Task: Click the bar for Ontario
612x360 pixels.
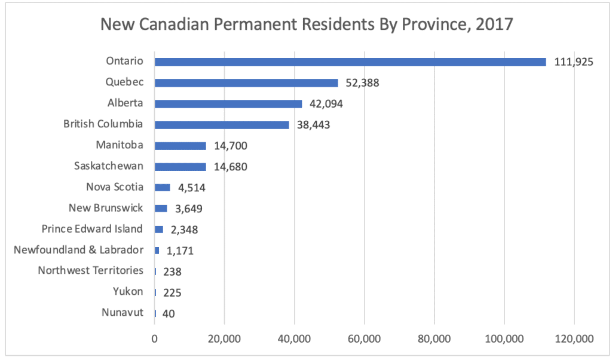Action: pyautogui.click(x=350, y=62)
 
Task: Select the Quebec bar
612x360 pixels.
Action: pyautogui.click(x=246, y=83)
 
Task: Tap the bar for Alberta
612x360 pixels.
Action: pyautogui.click(x=228, y=103)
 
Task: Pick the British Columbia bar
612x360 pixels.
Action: pyautogui.click(x=222, y=124)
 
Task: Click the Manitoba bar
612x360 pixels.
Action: pyautogui.click(x=180, y=145)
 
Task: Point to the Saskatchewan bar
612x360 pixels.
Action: pyautogui.click(x=180, y=166)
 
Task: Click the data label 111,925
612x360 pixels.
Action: pyautogui.click(x=573, y=62)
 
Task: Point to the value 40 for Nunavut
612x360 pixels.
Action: pyautogui.click(x=169, y=313)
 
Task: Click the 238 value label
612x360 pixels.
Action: pyautogui.click(x=172, y=271)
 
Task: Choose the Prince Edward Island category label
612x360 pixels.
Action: pyautogui.click(x=92, y=229)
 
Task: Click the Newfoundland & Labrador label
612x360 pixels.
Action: pyautogui.click(x=78, y=250)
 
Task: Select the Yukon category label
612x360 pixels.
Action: pyautogui.click(x=128, y=292)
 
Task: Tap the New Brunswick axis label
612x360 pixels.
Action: pyautogui.click(x=106, y=208)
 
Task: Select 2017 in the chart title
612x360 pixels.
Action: pyautogui.click(x=492, y=25)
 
